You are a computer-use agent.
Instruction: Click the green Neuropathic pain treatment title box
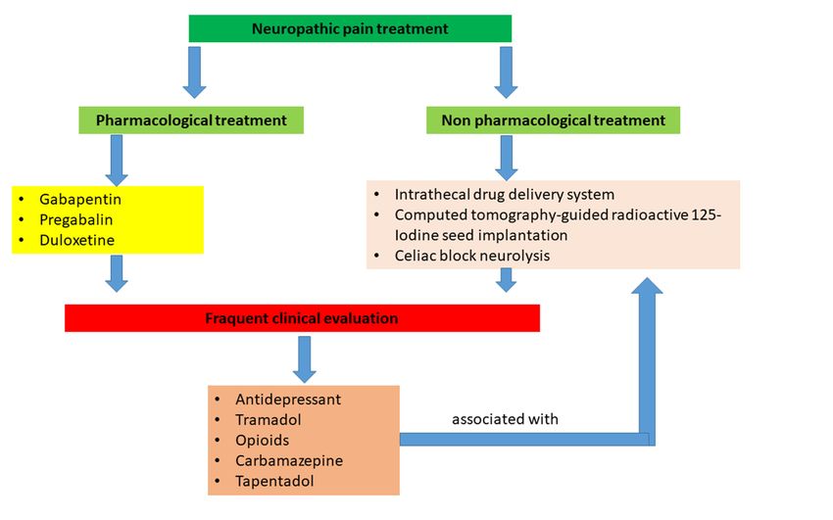coord(350,28)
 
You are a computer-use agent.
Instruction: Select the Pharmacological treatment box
coord(191,120)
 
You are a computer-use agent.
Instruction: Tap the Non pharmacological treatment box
coord(553,120)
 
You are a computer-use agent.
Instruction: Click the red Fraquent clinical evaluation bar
coord(302,318)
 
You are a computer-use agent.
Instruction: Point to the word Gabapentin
coord(80,200)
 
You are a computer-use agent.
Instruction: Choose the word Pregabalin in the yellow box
coord(76,219)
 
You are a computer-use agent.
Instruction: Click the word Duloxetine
coord(77,240)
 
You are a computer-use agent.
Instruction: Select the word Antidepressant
coord(288,400)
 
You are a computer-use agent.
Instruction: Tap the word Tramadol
coord(269,420)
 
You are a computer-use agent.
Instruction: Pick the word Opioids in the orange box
coord(263,441)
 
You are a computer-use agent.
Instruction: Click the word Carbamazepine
coord(289,460)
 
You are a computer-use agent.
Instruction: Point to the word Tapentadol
coord(274,481)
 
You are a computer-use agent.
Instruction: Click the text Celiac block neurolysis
coord(472,256)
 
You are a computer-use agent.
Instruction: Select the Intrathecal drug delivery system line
coord(505,195)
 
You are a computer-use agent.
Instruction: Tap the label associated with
coord(506,419)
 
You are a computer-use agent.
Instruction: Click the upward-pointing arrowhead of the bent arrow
coord(647,286)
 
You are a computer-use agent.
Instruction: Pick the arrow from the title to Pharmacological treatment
coord(194,72)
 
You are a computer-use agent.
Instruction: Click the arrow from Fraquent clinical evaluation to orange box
coord(305,359)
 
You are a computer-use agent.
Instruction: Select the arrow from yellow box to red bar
coord(117,274)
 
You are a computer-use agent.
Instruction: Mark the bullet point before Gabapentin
coord(22,200)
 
